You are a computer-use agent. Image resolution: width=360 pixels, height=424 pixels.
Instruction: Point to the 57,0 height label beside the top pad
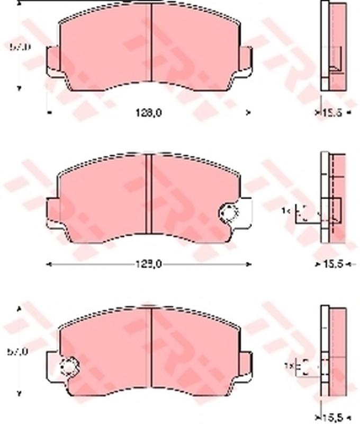(20, 47)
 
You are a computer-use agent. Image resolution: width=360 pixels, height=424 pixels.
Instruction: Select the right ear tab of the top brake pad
(245, 58)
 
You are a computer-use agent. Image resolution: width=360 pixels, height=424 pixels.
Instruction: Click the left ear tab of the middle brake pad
(53, 212)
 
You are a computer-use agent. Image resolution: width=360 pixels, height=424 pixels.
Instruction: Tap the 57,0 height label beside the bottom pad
(20, 351)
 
